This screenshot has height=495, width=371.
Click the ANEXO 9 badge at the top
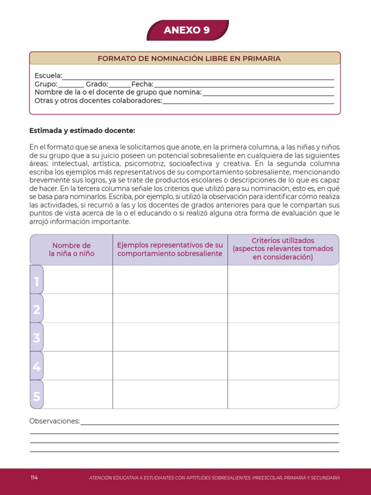tap(187, 30)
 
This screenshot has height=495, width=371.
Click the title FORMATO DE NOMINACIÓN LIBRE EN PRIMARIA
tap(189, 58)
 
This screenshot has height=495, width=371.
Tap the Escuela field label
tap(48, 75)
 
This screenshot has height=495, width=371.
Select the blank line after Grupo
tap(71, 84)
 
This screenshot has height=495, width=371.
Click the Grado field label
tap(97, 84)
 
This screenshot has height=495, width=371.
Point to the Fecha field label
tap(143, 84)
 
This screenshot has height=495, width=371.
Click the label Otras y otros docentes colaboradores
tap(98, 101)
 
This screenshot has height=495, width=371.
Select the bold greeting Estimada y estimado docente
tap(82, 131)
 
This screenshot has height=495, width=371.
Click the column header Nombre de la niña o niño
tap(71, 249)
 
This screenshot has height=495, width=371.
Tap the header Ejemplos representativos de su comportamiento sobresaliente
tap(170, 249)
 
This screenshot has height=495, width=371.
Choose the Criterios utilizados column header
tap(283, 249)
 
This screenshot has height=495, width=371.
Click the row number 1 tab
tap(37, 280)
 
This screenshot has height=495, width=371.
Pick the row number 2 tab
tap(37, 309)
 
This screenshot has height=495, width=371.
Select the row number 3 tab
tap(37, 338)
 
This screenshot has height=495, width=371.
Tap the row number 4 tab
tap(37, 367)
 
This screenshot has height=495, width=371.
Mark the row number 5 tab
tap(37, 396)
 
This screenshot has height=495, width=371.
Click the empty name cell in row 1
tap(78, 280)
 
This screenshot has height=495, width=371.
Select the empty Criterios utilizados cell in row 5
tap(283, 394)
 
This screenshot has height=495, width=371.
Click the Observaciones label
tap(55, 421)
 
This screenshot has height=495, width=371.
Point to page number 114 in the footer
tap(34, 478)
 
